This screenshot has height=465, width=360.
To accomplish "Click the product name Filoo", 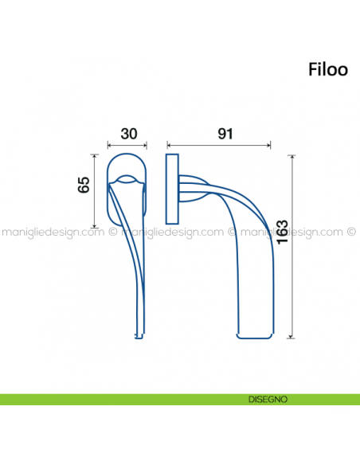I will [327, 69].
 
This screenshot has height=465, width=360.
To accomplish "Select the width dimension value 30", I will [127, 134].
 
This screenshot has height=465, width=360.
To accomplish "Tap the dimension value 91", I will [225, 134].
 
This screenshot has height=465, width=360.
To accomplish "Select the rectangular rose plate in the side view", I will [171, 190].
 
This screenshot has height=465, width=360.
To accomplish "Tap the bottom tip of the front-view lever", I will [139, 335].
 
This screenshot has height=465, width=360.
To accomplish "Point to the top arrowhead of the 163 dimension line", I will [294, 158].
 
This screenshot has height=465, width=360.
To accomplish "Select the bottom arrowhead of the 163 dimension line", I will [294, 336].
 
